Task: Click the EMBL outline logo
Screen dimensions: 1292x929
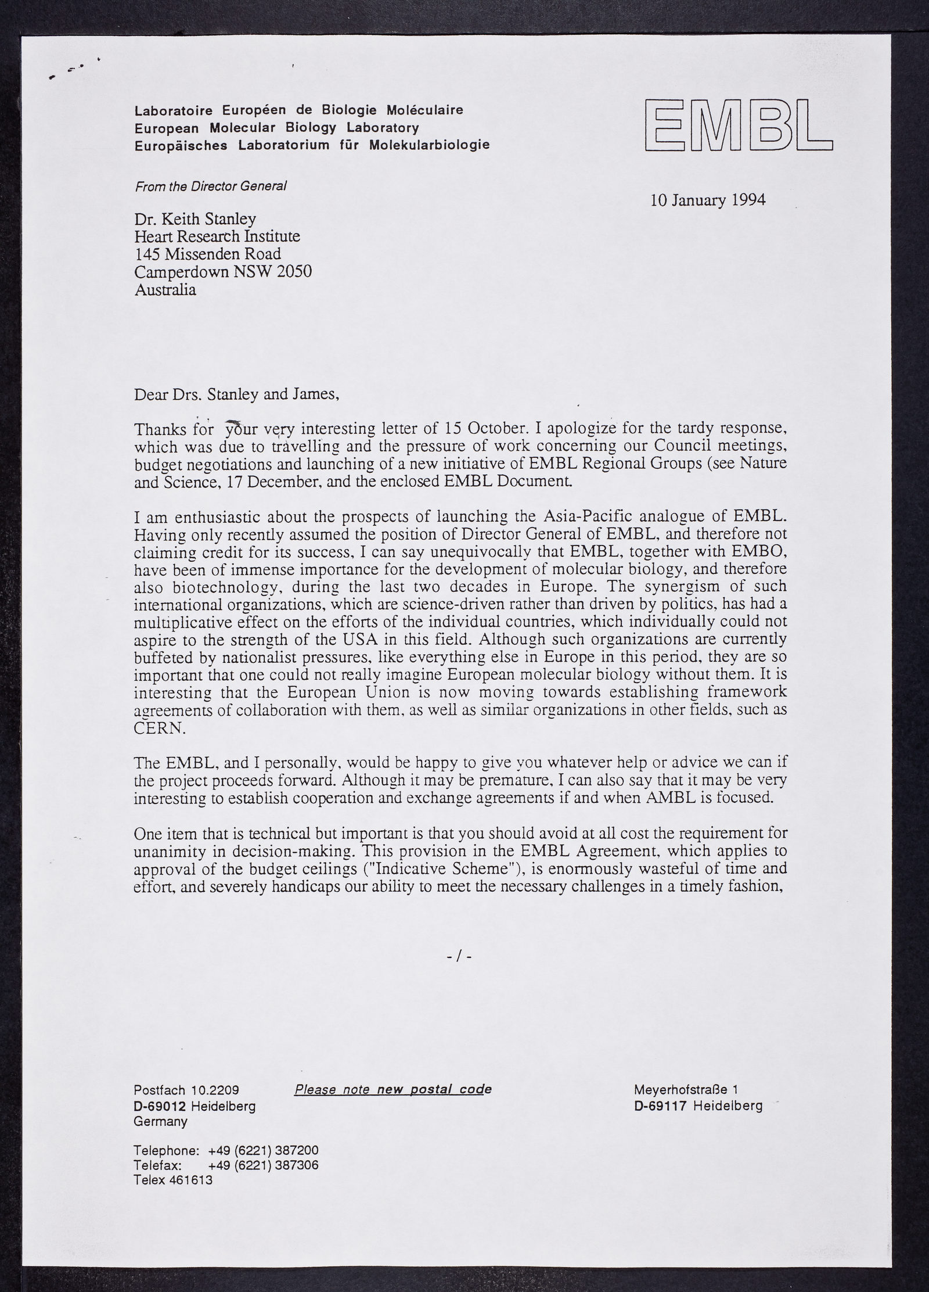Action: [738, 125]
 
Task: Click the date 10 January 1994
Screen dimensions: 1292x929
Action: [708, 200]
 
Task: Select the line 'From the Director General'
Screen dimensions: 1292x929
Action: [211, 186]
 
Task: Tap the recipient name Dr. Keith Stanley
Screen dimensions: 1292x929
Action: [195, 219]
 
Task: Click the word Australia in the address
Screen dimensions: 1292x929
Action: [165, 289]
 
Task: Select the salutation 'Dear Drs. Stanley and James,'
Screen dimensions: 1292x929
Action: [236, 394]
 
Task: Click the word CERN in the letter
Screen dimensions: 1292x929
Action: [160, 729]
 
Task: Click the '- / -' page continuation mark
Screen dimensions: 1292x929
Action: [459, 956]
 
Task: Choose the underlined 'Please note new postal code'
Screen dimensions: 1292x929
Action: [393, 1090]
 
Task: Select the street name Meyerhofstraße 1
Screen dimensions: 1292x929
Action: [686, 1090]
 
